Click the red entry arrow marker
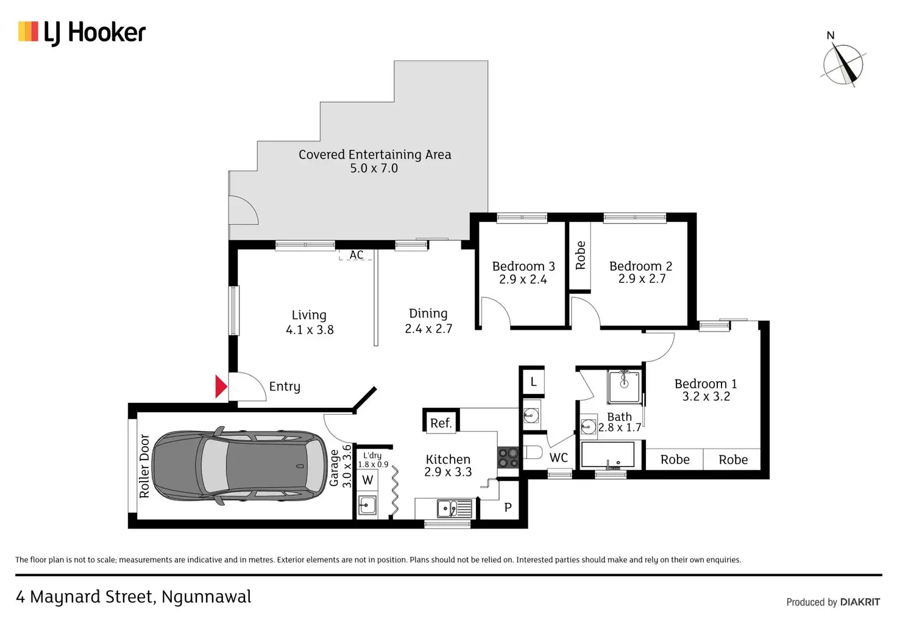point(221,386)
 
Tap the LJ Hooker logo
point(82,32)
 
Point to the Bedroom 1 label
point(706,384)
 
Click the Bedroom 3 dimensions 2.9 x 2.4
point(523,280)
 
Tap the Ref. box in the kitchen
point(441,423)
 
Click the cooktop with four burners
point(508,458)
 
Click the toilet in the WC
point(533,452)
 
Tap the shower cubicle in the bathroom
point(624,386)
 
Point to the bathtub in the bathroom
point(608,455)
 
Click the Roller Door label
point(144,466)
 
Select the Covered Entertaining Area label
point(375,155)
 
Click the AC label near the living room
point(356,255)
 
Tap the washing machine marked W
point(367,480)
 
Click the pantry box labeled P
point(508,507)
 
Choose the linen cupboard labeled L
point(533,382)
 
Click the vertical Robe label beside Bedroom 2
point(580,255)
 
